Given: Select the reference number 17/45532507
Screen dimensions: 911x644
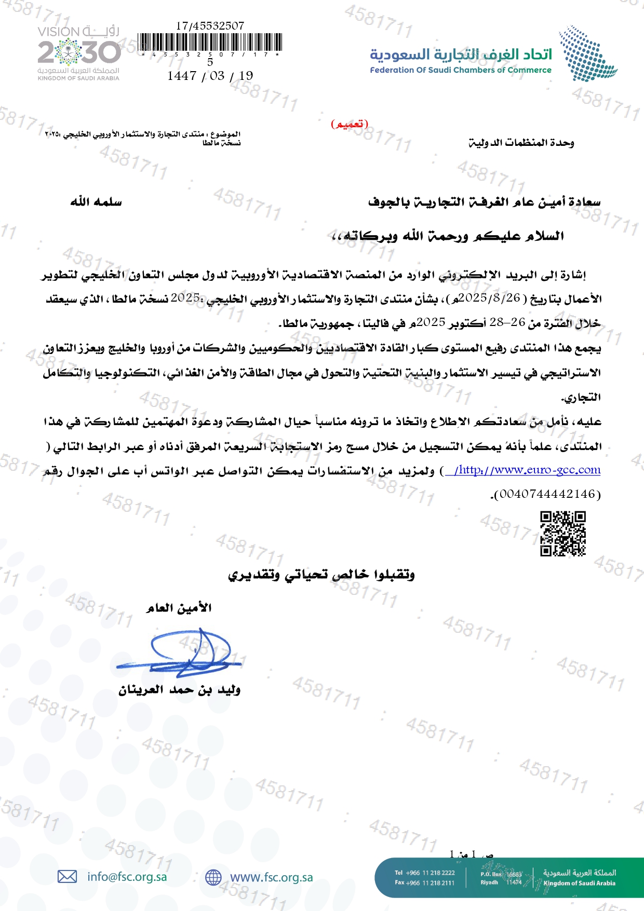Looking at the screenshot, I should pos(210,25).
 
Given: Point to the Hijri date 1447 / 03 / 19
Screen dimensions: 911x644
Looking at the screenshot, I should pos(210,76).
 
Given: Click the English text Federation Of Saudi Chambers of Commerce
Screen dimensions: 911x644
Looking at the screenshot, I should pos(460,70).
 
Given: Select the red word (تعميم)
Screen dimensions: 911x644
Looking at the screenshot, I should pos(350,124).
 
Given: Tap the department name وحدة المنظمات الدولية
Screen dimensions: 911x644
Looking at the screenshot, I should pos(521,143).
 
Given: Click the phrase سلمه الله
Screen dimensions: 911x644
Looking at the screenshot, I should pos(96,202).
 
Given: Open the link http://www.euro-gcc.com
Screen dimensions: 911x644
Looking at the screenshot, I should pos(527,470).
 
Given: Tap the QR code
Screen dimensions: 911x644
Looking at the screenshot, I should pos(562,534).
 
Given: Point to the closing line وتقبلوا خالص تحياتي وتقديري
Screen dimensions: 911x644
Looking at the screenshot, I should pos(321,575).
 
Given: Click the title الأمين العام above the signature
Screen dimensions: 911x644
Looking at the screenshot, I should pos(179,608).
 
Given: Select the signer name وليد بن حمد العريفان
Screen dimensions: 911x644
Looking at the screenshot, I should pos(179,690).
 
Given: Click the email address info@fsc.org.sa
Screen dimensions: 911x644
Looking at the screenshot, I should pos(127,877).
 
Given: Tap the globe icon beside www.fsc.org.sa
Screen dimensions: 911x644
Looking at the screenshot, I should pos(213,877).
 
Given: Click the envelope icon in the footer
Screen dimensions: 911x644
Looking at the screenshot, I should pos(67,877).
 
